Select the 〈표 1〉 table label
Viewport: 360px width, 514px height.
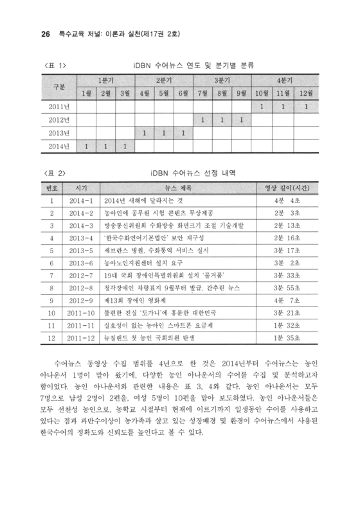click(54, 65)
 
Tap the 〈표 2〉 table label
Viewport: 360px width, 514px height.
click(54, 172)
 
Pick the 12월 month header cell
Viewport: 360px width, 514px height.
click(307, 93)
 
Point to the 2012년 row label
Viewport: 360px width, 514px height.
click(59, 120)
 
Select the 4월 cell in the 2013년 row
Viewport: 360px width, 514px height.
click(145, 133)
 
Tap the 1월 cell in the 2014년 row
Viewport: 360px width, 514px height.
click(87, 146)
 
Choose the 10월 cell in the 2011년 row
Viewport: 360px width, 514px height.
click(262, 106)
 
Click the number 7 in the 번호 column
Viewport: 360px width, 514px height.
click(50, 275)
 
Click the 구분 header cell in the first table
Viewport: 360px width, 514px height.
click(59, 86)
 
